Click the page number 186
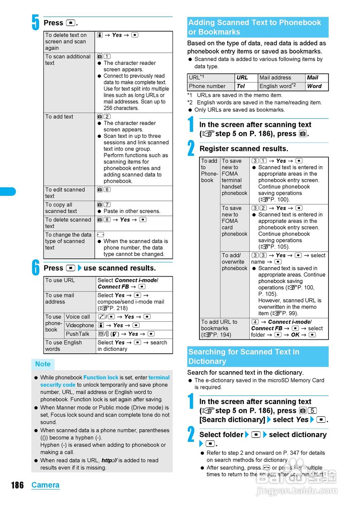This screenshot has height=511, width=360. [17, 485]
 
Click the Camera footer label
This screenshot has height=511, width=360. [45, 485]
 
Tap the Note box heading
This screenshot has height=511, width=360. [43, 364]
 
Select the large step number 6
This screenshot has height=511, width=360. [36, 268]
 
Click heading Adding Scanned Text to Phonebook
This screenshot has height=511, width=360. [257, 27]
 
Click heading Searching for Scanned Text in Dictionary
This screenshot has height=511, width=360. [257, 357]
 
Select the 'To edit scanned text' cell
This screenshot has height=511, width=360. [69, 193]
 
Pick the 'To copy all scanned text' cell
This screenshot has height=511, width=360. [69, 208]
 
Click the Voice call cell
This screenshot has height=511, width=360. [80, 317]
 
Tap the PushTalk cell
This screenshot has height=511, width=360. [80, 334]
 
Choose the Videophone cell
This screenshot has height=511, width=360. [80, 325]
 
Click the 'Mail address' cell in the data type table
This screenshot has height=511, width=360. [281, 78]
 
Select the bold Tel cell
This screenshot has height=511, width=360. [246, 86]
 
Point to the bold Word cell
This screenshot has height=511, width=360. [316, 86]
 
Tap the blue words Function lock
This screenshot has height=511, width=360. [101, 377]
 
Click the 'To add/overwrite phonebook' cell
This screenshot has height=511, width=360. [235, 262]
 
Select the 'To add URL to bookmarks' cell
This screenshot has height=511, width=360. [224, 328]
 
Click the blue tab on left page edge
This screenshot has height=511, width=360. [8, 192]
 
